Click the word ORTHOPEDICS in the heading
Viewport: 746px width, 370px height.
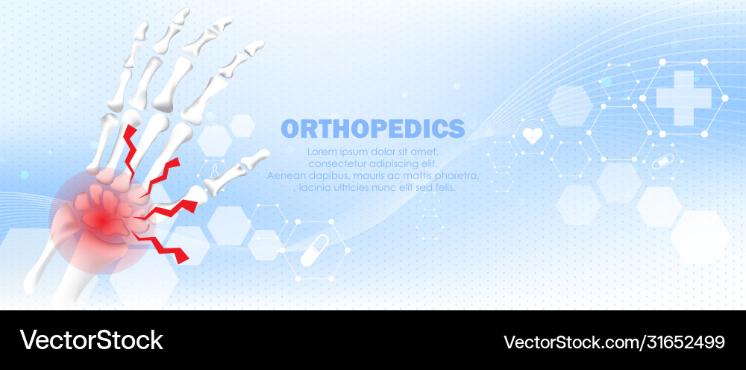coord(372,128)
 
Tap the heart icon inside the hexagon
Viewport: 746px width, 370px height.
coord(532,136)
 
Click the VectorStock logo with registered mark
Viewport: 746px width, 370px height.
coord(93,340)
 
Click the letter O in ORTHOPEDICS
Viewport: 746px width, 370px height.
coord(289,128)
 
